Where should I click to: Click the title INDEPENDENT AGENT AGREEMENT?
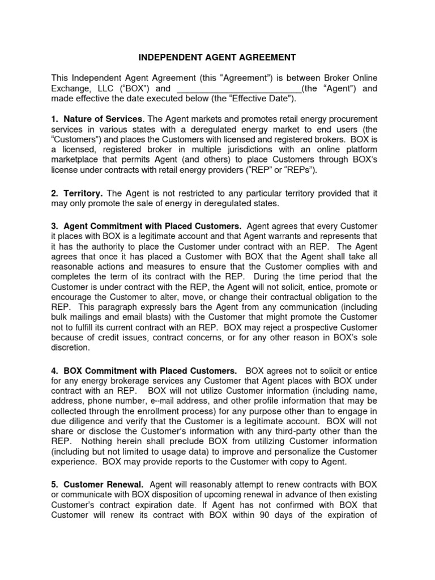pos(217,57)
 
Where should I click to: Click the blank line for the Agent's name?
pos(239,89)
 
